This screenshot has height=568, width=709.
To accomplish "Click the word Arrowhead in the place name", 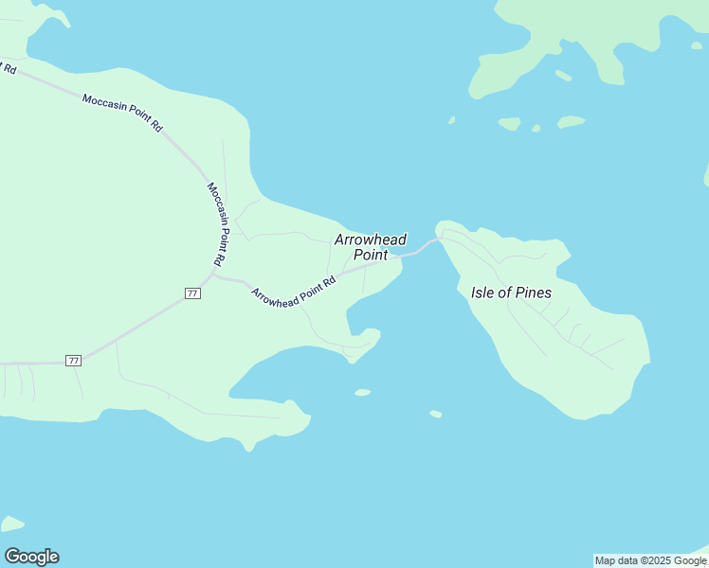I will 370,240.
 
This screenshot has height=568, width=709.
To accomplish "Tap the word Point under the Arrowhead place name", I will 371,255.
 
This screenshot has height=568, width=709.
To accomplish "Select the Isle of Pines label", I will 511,293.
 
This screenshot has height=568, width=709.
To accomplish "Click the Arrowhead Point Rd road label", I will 294,290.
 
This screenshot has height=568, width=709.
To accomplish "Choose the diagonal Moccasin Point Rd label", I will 122,112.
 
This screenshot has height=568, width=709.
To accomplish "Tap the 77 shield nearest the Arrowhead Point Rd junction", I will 192,293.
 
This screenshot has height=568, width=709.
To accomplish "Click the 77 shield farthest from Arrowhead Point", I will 73,361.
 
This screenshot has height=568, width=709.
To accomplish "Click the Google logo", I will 31,557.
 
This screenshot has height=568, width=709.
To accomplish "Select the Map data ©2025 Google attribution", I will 650,560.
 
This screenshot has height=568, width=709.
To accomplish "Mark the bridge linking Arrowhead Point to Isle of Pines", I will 418,251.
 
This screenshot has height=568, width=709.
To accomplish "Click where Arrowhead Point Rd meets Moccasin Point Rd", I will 215,276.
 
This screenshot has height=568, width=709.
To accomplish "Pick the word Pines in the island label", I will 532,293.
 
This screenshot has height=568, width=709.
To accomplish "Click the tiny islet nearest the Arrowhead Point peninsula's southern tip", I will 362,392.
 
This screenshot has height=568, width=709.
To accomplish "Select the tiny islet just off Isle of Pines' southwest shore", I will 435,414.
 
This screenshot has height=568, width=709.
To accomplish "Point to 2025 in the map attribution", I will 658,560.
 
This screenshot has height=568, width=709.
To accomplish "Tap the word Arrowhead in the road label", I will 276,295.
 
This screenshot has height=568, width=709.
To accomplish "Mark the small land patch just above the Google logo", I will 11,524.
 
